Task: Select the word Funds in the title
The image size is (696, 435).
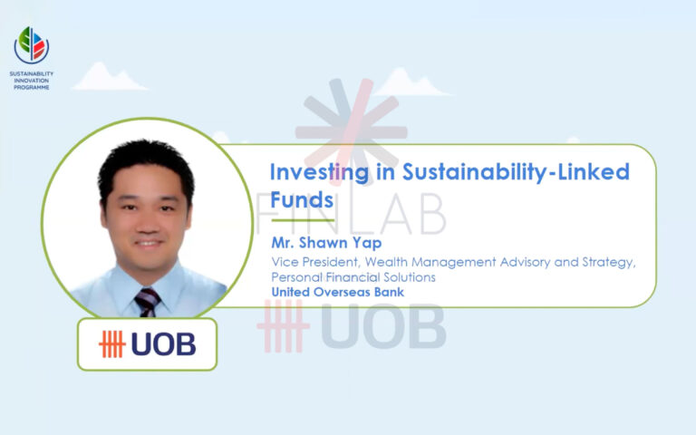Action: (303, 199)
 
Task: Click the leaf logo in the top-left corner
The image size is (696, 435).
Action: (32, 43)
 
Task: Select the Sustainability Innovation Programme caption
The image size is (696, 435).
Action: (32, 79)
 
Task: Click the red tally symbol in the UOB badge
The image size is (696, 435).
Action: (113, 344)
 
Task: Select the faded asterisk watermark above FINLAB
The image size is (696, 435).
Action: (351, 127)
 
